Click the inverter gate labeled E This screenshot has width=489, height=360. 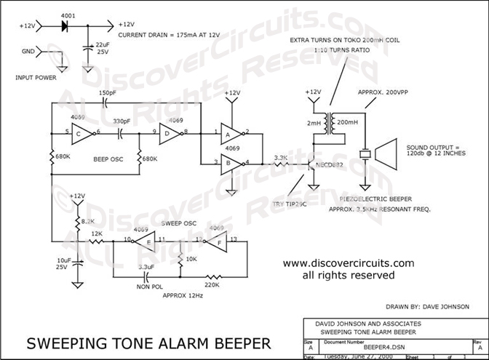click(144, 241)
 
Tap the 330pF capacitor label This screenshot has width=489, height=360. click(122, 121)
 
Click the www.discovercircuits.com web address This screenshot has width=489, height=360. click(348, 263)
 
